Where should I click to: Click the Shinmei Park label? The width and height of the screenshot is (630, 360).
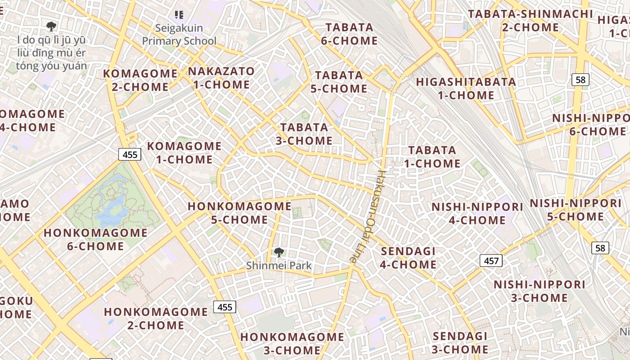pos(279,265)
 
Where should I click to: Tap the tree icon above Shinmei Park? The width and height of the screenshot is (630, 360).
pos(279,252)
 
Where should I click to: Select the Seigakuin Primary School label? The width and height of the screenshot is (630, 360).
pos(179,35)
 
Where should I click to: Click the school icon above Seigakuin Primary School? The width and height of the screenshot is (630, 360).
pos(179,15)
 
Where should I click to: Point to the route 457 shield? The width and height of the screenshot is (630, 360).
pos(491,260)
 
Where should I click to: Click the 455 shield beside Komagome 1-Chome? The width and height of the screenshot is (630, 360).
pos(130,154)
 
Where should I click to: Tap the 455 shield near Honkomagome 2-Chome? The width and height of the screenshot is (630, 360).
pos(225,307)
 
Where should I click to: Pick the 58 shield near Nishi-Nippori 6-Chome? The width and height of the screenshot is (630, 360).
pos(580,80)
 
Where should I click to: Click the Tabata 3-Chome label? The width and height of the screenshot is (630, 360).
pos(304,134)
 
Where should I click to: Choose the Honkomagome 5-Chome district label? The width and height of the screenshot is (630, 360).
pos(239,213)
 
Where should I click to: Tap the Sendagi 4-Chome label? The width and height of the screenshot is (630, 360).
pos(408,258)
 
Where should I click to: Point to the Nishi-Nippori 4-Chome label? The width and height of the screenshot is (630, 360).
pos(477,213)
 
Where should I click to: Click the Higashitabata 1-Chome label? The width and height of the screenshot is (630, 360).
pos(466,89)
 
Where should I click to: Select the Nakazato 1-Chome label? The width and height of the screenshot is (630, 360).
pos(221,78)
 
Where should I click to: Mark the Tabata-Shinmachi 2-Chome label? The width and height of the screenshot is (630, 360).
pos(531,20)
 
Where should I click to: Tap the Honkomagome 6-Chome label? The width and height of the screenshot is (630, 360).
pos(95,239)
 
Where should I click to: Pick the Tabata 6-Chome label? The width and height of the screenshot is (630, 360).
pos(349,34)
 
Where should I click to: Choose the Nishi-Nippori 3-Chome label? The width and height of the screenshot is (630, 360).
pos(539,291)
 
